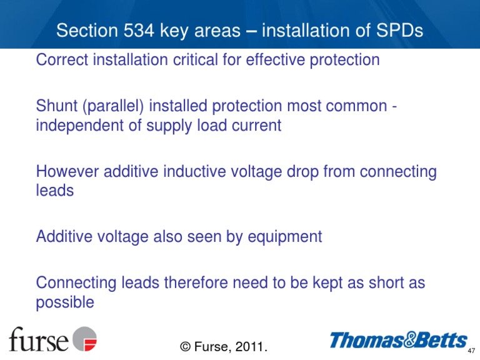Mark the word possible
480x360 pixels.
tap(65, 302)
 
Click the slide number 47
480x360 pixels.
tap(471, 351)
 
